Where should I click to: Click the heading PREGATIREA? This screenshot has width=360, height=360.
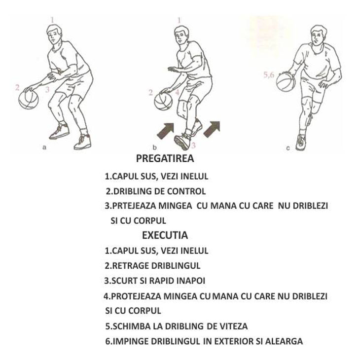coord(165,158)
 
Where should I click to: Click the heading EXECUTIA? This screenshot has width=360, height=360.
coord(165,235)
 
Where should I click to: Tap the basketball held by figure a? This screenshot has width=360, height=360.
coord(29,100)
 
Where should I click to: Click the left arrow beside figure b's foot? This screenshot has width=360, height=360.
coord(166,131)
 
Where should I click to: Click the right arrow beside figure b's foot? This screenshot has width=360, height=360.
coord(212,129)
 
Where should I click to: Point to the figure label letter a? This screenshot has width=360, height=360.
coord(44,147)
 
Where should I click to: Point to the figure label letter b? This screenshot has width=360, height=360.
coord(154,147)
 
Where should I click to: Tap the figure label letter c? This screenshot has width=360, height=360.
coord(288,148)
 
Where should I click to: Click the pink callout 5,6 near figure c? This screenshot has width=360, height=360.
coord(269,74)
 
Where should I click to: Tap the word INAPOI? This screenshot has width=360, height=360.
coord(190,281)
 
